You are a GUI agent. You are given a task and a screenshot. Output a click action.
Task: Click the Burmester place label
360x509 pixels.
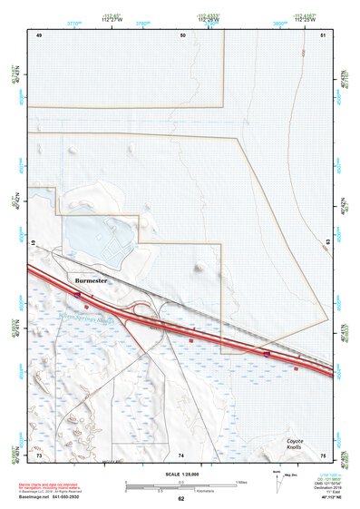coord(91,282)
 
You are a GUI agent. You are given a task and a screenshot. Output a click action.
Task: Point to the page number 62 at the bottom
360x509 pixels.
coord(181,499)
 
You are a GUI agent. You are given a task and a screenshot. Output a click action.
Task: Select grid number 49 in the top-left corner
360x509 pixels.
coord(39,34)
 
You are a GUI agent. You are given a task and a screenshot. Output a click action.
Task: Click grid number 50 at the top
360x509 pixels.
coord(182,34)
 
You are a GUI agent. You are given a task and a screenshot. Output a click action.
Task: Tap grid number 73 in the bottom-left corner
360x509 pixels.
coord(39,455)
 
